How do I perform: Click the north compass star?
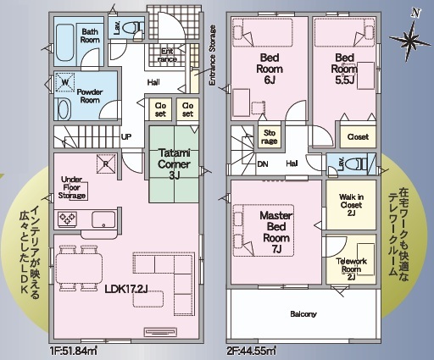410,40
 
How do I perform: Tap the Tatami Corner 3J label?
174,164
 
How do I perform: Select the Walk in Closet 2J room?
351,205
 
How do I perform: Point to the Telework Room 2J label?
351,269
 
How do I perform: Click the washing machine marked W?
65,82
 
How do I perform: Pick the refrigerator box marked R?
106,163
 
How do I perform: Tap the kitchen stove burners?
67,219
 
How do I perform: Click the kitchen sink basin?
103,219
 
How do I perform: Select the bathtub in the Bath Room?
65,45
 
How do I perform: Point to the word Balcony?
303,314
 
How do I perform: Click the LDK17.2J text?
126,289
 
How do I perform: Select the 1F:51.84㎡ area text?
73,352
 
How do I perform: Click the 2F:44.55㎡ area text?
252,352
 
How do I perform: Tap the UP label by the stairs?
126,137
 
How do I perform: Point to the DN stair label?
263,164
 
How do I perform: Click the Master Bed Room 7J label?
276,232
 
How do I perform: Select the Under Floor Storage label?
72,187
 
